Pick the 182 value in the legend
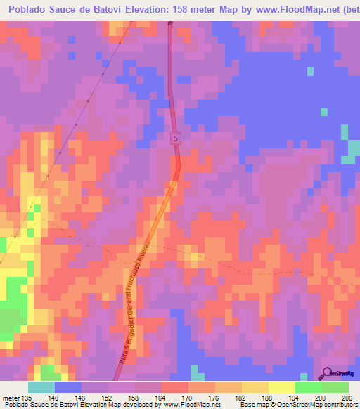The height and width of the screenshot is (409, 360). (240, 397)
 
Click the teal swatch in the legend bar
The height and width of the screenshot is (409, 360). (41, 387)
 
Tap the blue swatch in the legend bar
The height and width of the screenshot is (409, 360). (68, 387)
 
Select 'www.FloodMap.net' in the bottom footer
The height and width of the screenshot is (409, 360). (190, 405)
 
